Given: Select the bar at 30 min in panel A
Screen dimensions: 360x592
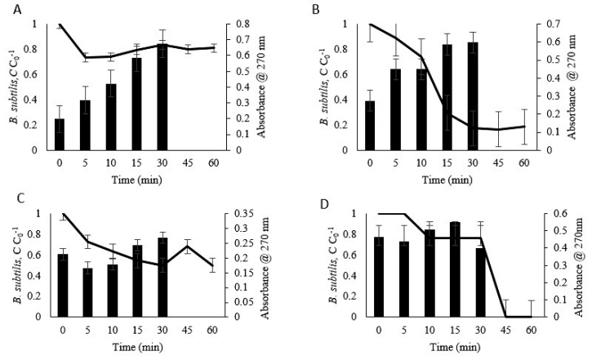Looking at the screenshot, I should tap(163, 97).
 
